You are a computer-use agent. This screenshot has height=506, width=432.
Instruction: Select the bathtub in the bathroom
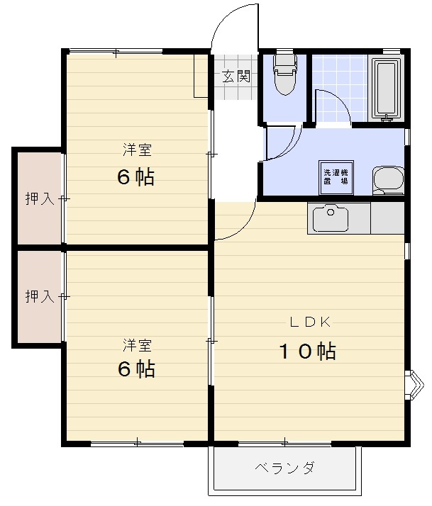coord(387,89)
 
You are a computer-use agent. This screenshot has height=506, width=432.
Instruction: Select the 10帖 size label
coord(306,351)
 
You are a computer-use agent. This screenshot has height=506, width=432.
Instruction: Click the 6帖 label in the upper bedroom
coord(135,176)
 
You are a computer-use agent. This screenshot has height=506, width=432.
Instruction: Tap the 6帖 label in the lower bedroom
coord(135,369)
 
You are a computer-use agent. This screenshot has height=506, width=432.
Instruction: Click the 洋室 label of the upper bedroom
coord(137,150)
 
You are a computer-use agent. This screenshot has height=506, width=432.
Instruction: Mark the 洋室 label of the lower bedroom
coord(137,345)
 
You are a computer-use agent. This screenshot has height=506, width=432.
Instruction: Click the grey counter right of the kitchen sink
coord(387,218)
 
